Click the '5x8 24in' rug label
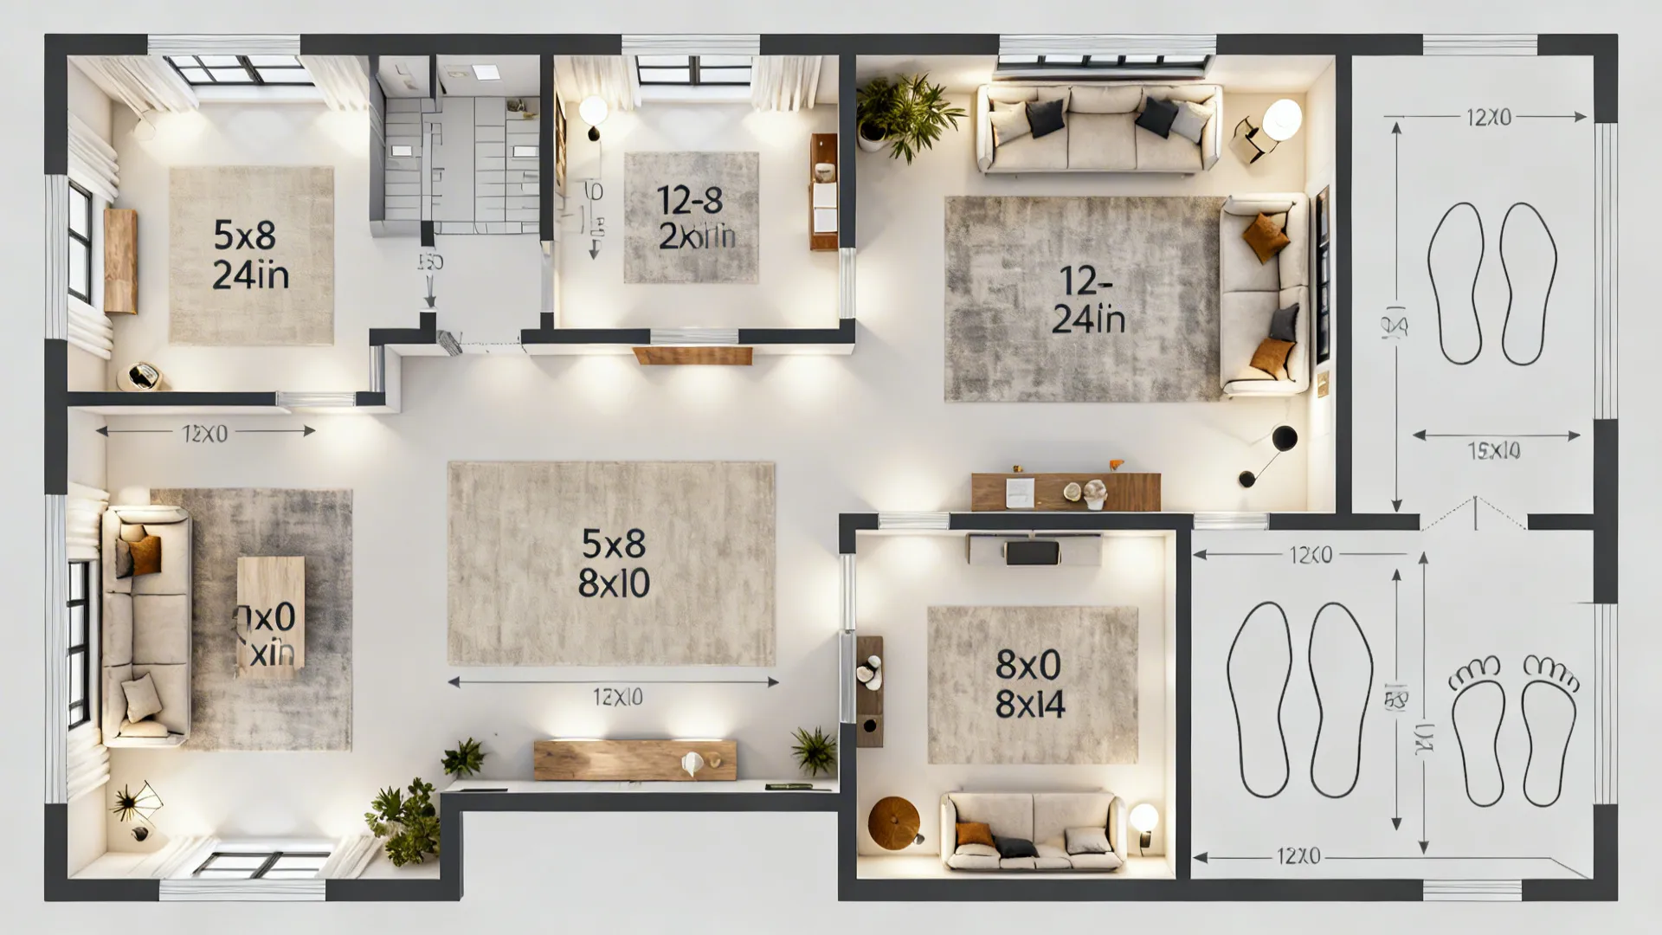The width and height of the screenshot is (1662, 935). [251, 255]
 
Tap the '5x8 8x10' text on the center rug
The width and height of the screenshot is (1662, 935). [613, 564]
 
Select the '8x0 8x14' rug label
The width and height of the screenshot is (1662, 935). [1029, 685]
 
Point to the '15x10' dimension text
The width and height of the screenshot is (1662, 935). [1494, 450]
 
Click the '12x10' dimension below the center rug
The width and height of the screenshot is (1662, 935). [617, 697]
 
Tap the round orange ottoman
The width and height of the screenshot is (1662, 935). [896, 822]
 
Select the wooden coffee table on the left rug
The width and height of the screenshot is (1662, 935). [270, 612]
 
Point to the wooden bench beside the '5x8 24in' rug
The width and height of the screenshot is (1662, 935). [120, 260]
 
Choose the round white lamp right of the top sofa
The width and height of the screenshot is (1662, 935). [1281, 118]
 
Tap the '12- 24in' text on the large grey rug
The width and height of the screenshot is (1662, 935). [1088, 300]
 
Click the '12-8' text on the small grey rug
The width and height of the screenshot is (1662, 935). [690, 201]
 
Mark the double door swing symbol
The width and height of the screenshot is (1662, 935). [1474, 513]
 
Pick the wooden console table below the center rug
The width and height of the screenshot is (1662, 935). [635, 760]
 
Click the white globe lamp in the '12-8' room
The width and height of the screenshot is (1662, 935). [593, 111]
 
